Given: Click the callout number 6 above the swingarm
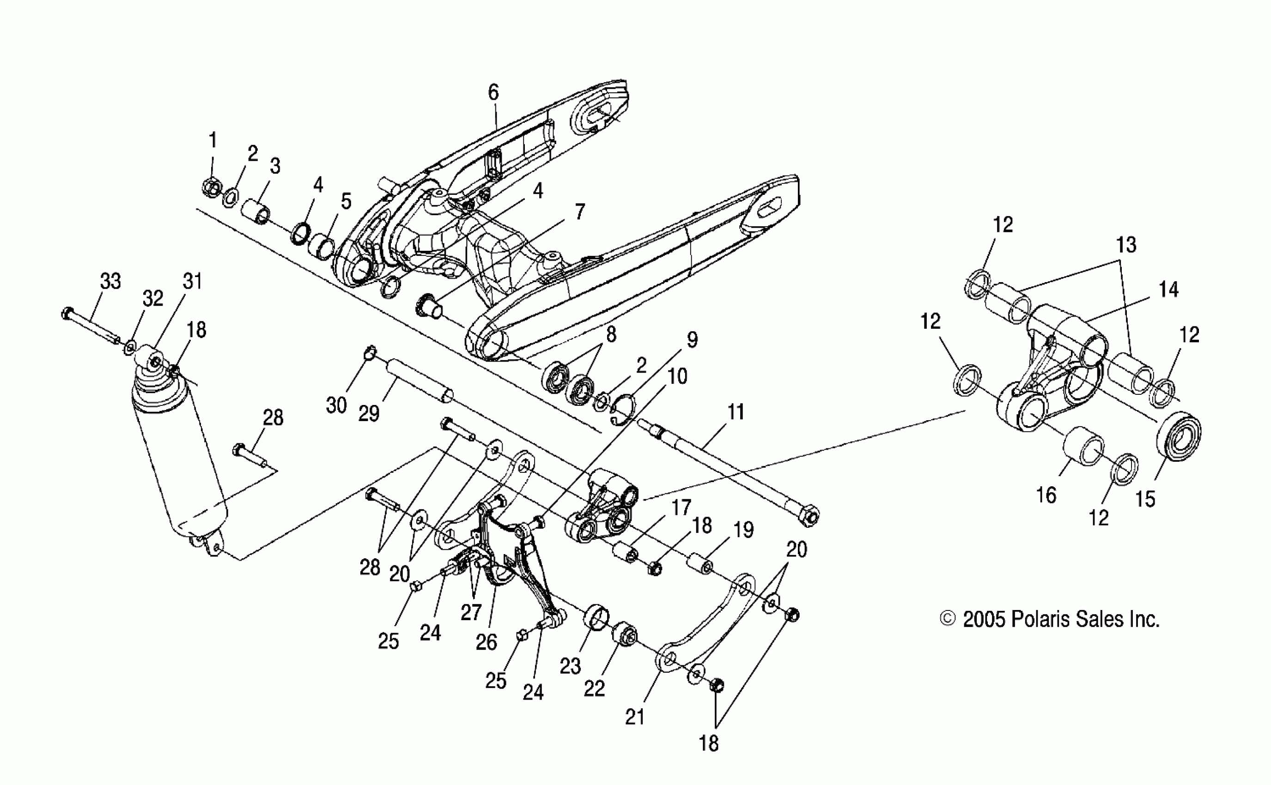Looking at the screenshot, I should click(493, 93).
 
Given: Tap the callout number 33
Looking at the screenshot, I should click(110, 281).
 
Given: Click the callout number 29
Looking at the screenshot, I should click(369, 413).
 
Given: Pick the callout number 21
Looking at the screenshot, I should click(635, 717).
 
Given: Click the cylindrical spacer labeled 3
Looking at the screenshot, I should click(256, 211).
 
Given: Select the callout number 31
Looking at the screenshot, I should click(192, 281).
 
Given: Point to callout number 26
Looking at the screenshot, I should click(486, 643).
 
